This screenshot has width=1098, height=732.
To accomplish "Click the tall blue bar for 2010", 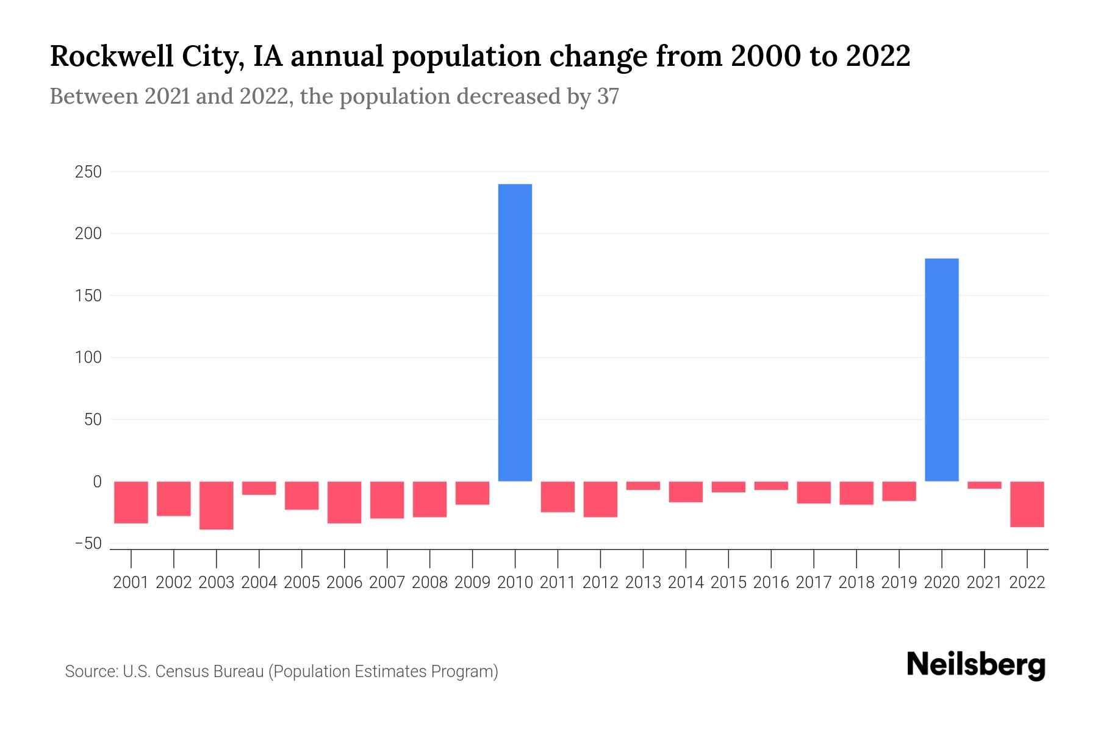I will (x=515, y=332).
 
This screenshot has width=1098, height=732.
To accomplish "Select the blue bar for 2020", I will (x=941, y=370).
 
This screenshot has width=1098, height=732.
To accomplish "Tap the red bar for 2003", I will (x=217, y=505).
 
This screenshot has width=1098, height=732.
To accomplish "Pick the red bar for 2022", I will (x=1027, y=504).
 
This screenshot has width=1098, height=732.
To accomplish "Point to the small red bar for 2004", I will (x=259, y=488).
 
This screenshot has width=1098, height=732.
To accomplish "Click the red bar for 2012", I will (x=600, y=499).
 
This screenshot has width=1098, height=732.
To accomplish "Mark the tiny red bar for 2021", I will (x=984, y=485).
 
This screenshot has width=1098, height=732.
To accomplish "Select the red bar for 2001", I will (x=131, y=502).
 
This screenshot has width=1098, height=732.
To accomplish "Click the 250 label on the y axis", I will (x=88, y=173).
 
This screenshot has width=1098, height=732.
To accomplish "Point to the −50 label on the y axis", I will (x=88, y=544).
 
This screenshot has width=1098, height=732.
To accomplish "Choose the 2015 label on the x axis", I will (x=728, y=583).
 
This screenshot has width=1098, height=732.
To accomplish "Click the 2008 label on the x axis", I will (x=429, y=583).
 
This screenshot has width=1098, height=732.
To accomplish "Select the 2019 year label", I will (x=899, y=583).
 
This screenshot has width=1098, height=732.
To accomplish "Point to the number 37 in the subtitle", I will (x=608, y=96).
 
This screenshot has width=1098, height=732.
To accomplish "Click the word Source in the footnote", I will (x=91, y=672).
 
